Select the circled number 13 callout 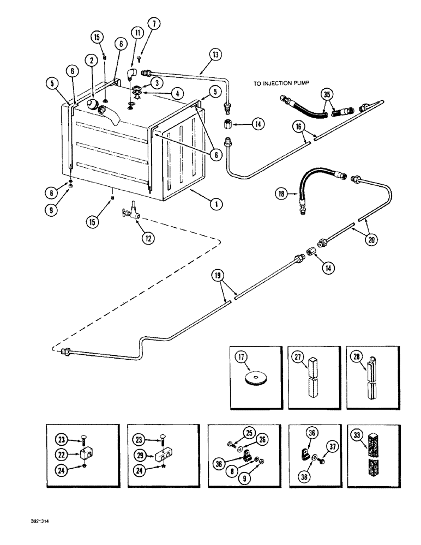pyautogui.click(x=214, y=54)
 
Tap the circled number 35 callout pyautogui.click(x=326, y=94)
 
